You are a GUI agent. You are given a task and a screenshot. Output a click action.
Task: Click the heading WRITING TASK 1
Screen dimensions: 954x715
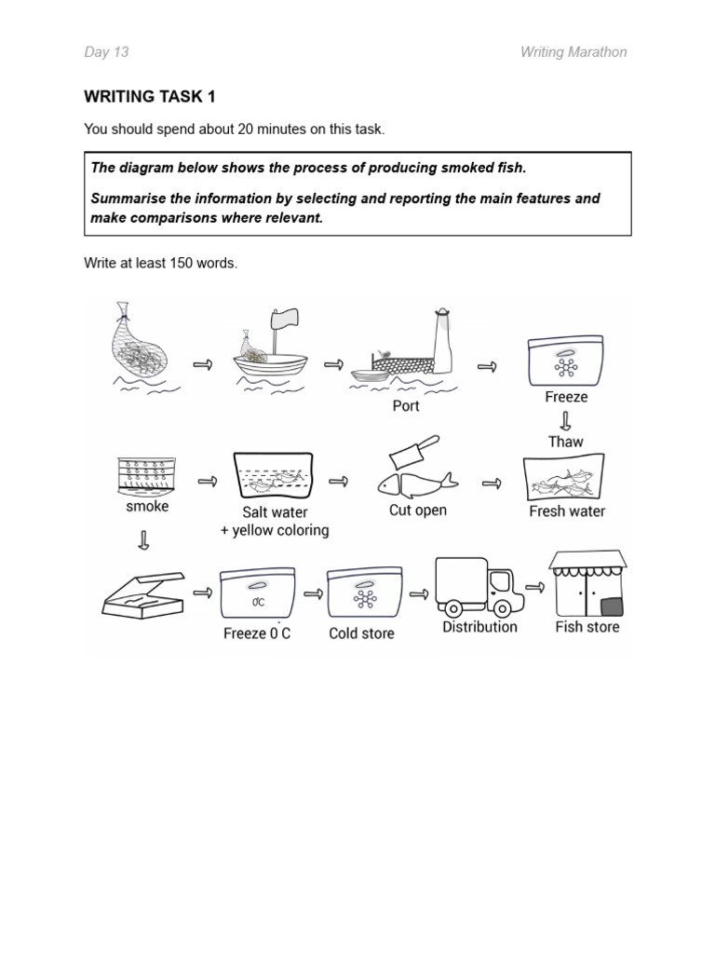coord(150,97)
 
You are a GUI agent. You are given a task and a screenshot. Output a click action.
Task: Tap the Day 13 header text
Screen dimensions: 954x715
coord(106,52)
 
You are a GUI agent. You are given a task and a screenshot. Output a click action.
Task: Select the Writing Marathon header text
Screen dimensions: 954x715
coord(573,52)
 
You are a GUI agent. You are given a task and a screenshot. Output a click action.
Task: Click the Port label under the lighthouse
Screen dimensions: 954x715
coord(406,406)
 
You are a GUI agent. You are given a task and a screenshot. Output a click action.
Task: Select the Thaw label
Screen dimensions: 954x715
coord(565,442)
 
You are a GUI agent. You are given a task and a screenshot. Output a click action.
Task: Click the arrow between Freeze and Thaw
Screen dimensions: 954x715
coord(565,419)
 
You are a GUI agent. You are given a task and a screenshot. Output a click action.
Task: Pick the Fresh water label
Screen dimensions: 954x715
coord(567,511)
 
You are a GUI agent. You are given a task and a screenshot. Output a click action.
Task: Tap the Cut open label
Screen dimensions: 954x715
coord(418,511)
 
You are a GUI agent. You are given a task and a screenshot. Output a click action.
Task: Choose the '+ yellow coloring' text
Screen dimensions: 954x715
coord(275,531)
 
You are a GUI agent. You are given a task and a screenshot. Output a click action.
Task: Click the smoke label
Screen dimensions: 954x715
coord(147,507)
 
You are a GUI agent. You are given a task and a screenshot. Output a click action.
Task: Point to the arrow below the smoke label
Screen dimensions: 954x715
coord(143,540)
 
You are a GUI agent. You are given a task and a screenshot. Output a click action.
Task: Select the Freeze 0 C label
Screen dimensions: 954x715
coord(257,634)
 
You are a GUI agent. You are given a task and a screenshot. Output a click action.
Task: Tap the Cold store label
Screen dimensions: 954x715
coord(361,634)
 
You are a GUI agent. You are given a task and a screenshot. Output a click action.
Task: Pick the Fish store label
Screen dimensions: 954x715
coord(587,627)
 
